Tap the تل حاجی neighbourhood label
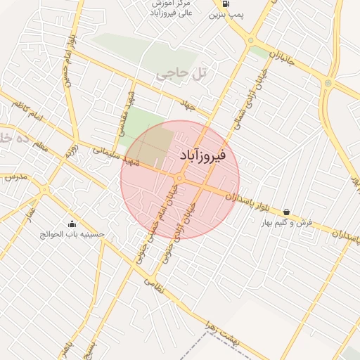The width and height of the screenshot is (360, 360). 173,72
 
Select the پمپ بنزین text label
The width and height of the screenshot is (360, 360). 226,15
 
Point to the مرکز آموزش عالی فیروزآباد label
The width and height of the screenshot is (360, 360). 167,8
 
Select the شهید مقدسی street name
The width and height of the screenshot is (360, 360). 124,115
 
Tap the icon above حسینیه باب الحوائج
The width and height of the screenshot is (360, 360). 72,224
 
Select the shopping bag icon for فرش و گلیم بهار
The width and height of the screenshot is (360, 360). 286,212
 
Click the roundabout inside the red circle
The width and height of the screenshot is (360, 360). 179,179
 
